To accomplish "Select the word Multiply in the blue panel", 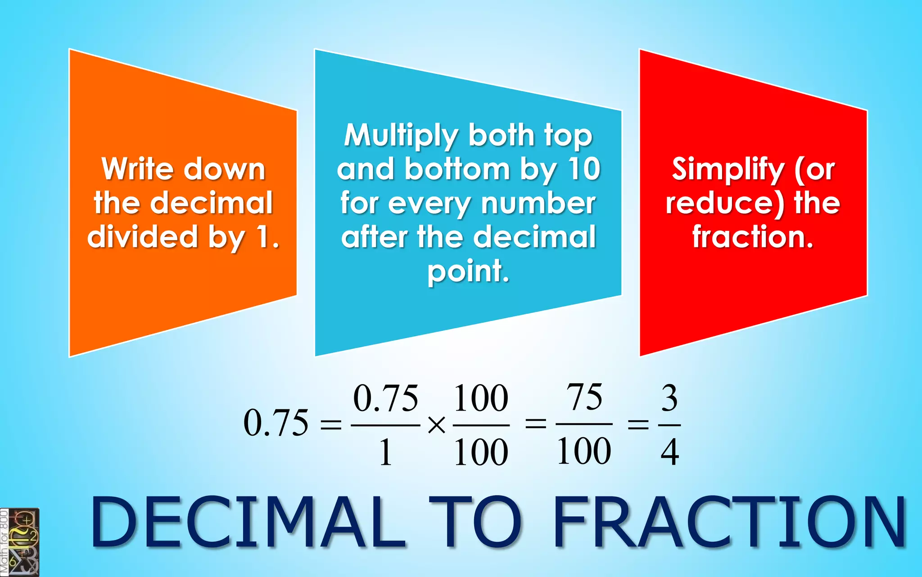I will pyautogui.click(x=401, y=135).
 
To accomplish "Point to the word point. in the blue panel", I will pyautogui.click(x=468, y=271).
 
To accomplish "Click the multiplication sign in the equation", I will pyautogui.click(x=436, y=425).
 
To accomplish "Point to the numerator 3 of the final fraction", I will pyautogui.click(x=669, y=398).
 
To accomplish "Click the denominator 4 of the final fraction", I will pyautogui.click(x=669, y=452).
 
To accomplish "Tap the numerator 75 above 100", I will pyautogui.click(x=584, y=397).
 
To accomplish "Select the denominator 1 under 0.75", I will pyautogui.click(x=385, y=452).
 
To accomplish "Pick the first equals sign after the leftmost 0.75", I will pyautogui.click(x=330, y=425).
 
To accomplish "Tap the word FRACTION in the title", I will pyautogui.click(x=729, y=522).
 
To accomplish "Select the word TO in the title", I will pyautogui.click(x=475, y=522).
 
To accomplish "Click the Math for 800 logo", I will pyautogui.click(x=19, y=542).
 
